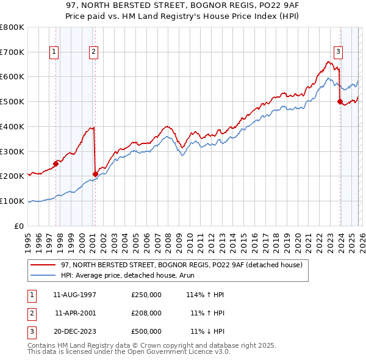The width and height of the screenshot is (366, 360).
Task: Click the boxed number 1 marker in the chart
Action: click(54, 52)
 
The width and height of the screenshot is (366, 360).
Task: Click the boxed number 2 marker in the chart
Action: click(94, 52)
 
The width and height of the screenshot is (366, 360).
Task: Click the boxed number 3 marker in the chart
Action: click(338, 52)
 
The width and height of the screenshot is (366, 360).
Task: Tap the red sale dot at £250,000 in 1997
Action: click(56, 163)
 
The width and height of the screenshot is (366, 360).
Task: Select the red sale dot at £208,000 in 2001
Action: click(95, 174)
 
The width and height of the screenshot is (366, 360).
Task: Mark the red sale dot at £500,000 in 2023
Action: click(340, 102)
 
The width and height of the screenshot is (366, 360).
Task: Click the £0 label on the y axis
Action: click(18, 226)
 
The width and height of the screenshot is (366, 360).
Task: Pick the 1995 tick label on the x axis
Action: click(29, 238)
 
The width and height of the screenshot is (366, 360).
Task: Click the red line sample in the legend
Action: click(44, 265)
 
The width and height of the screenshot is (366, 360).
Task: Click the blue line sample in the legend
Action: click(44, 275)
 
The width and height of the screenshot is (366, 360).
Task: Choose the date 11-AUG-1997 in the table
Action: click(75, 294)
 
